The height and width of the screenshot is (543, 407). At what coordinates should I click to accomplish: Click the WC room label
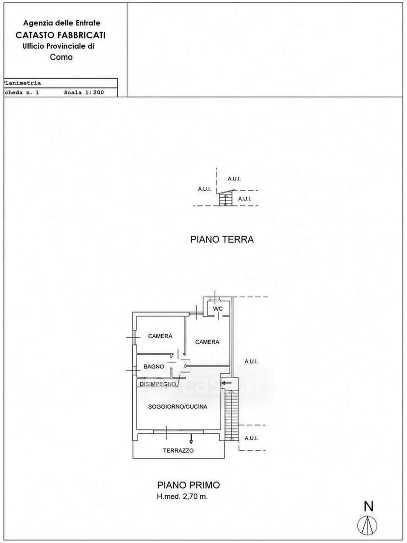tap(217, 309)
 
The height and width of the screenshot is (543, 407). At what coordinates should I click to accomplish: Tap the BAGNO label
tap(154, 367)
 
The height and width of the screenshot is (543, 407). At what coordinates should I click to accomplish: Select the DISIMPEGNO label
tap(158, 384)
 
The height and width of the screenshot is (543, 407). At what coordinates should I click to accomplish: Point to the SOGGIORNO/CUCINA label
tap(178, 406)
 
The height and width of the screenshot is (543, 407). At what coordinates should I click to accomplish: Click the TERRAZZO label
tap(178, 451)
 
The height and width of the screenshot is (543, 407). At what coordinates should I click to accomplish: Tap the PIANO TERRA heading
tap(222, 239)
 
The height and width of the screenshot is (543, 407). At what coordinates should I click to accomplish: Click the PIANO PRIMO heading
tap(188, 485)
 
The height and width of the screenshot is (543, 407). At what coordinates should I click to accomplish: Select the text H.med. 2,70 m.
tap(182, 497)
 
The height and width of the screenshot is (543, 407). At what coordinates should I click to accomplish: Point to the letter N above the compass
tap(369, 506)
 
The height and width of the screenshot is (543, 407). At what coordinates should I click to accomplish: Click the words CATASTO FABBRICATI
tap(60, 35)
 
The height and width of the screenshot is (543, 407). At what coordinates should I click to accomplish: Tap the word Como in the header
tap(61, 57)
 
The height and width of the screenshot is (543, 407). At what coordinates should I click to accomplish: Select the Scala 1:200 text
tap(84, 92)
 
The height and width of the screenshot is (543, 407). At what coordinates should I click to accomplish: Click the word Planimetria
tap(22, 83)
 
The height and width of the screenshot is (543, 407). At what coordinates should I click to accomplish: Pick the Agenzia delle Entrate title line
tap(61, 23)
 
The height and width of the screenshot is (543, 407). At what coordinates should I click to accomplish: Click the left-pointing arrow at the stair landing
tap(227, 383)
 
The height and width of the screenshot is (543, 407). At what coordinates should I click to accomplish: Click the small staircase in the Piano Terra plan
tap(225, 200)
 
